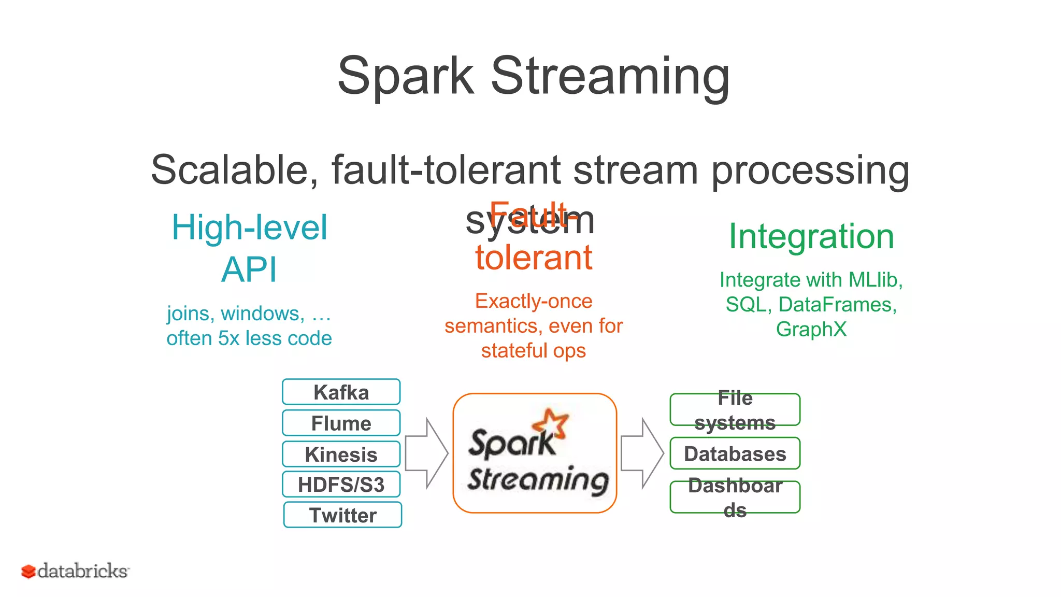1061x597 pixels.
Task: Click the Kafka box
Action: (341, 392)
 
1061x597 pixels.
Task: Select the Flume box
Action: (341, 423)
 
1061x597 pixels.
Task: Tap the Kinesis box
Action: (341, 454)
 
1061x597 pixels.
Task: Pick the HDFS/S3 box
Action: (341, 485)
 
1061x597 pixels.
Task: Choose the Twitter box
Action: (342, 515)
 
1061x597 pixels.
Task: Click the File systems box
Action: (735, 409)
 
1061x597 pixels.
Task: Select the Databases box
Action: (735, 453)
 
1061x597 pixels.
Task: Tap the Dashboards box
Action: (735, 497)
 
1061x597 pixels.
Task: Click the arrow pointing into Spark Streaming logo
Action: (426, 453)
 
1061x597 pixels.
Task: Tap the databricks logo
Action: (75, 571)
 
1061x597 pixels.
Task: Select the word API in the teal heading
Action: (249, 269)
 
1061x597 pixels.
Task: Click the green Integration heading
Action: (811, 236)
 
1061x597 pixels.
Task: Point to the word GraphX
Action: (811, 329)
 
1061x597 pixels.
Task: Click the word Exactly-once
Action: (534, 301)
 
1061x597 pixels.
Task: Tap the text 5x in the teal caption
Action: (228, 338)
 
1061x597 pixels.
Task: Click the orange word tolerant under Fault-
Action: (534, 258)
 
